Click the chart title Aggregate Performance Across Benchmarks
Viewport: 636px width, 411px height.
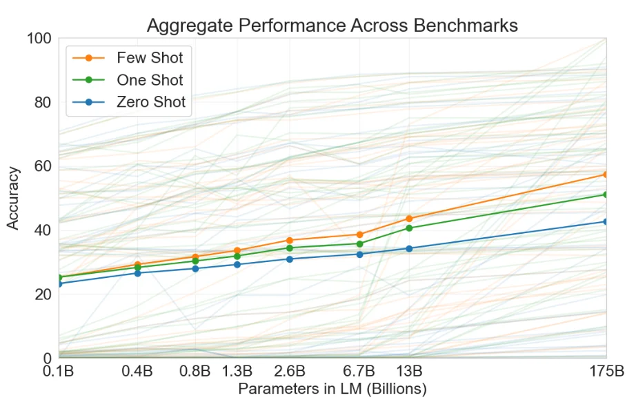pyautogui.click(x=332, y=26)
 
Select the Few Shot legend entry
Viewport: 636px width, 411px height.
pyautogui.click(x=150, y=57)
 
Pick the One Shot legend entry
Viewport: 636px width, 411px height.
pyautogui.click(x=150, y=80)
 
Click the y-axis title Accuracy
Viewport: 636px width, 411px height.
pyautogui.click(x=13, y=198)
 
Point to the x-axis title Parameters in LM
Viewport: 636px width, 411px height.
pyautogui.click(x=332, y=389)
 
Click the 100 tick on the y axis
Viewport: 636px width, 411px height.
pyautogui.click(x=39, y=39)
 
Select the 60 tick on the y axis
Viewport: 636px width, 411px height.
pyautogui.click(x=43, y=166)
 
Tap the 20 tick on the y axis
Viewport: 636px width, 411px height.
pyautogui.click(x=43, y=294)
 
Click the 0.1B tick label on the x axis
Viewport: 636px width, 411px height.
pyautogui.click(x=59, y=372)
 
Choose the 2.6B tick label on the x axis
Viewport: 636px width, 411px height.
pyautogui.click(x=290, y=372)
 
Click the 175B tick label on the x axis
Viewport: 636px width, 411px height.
pyautogui.click(x=606, y=372)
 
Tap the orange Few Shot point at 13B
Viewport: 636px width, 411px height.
pyautogui.click(x=409, y=219)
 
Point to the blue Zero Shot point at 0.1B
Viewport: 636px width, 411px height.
pyautogui.click(x=59, y=283)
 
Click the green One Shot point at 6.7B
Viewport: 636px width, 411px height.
pyautogui.click(x=360, y=243)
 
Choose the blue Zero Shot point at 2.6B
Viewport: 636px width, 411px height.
pyautogui.click(x=290, y=259)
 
